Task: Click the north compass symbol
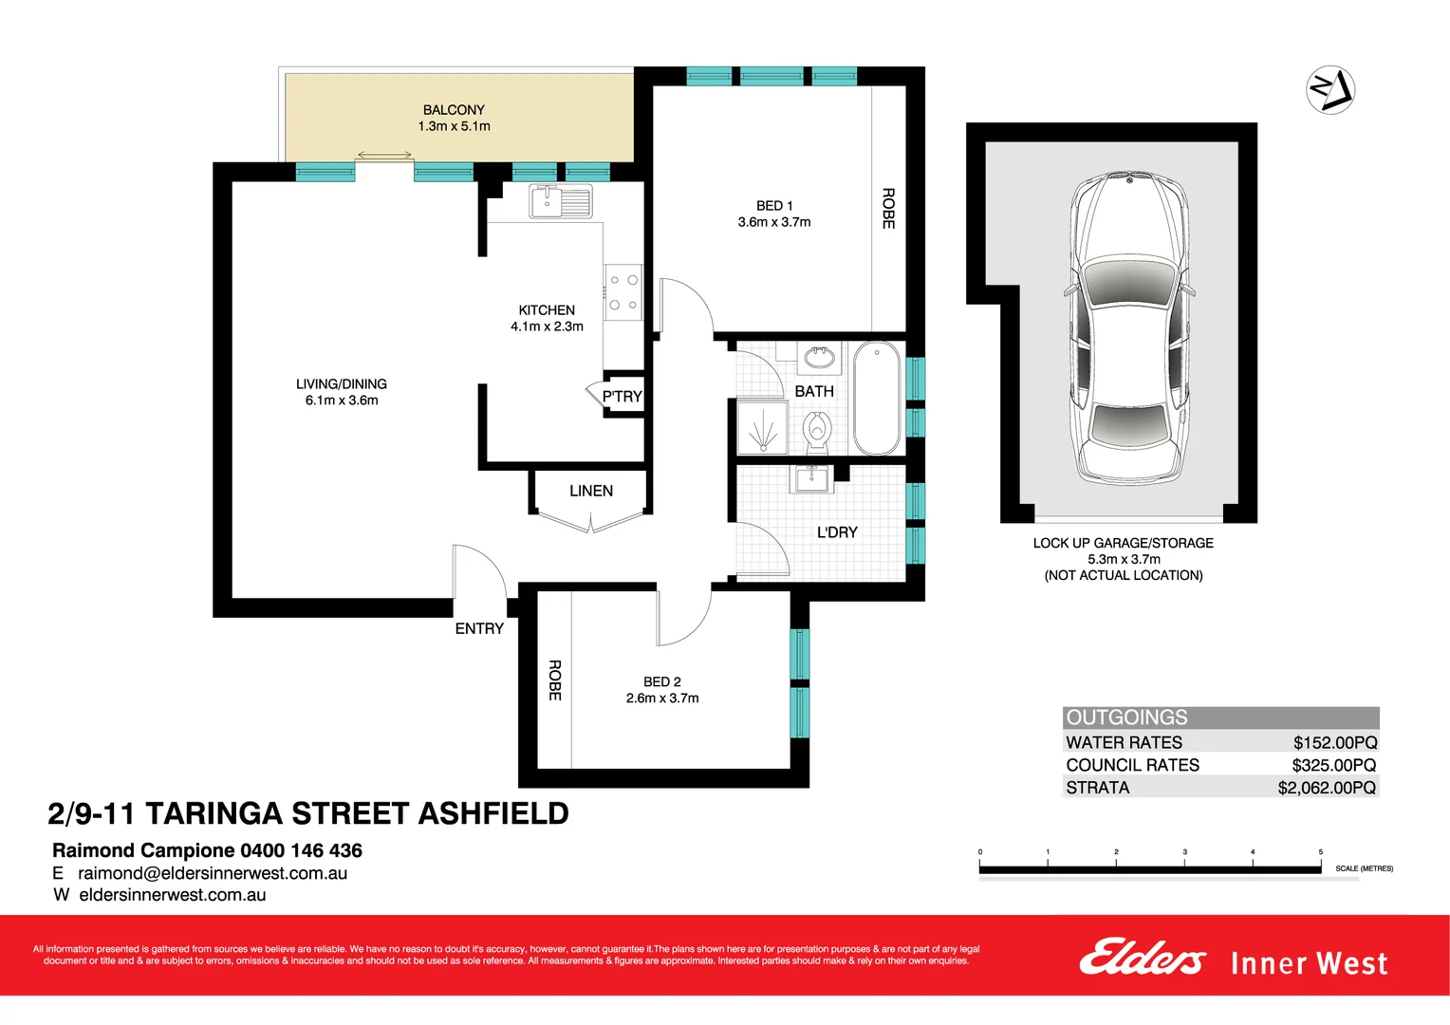pyautogui.click(x=1330, y=90)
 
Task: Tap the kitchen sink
pyautogui.click(x=560, y=201)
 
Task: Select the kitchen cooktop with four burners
pyautogui.click(x=623, y=292)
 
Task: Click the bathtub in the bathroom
pyautogui.click(x=877, y=399)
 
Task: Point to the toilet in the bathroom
pyautogui.click(x=817, y=431)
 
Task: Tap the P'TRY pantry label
pyautogui.click(x=623, y=397)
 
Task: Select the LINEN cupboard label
pyautogui.click(x=591, y=491)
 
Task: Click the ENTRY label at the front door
pyautogui.click(x=479, y=628)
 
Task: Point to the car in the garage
pyautogui.click(x=1128, y=327)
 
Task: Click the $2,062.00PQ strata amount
pyautogui.click(x=1326, y=788)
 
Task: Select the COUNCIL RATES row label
pyautogui.click(x=1132, y=765)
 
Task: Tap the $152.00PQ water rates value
pyautogui.click(x=1334, y=743)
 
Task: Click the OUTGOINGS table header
pyautogui.click(x=1126, y=717)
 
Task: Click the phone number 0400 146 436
pyautogui.click(x=301, y=850)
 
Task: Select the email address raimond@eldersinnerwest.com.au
pyautogui.click(x=213, y=873)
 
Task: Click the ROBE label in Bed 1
pyautogui.click(x=888, y=208)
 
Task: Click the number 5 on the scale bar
pyautogui.click(x=1320, y=852)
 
